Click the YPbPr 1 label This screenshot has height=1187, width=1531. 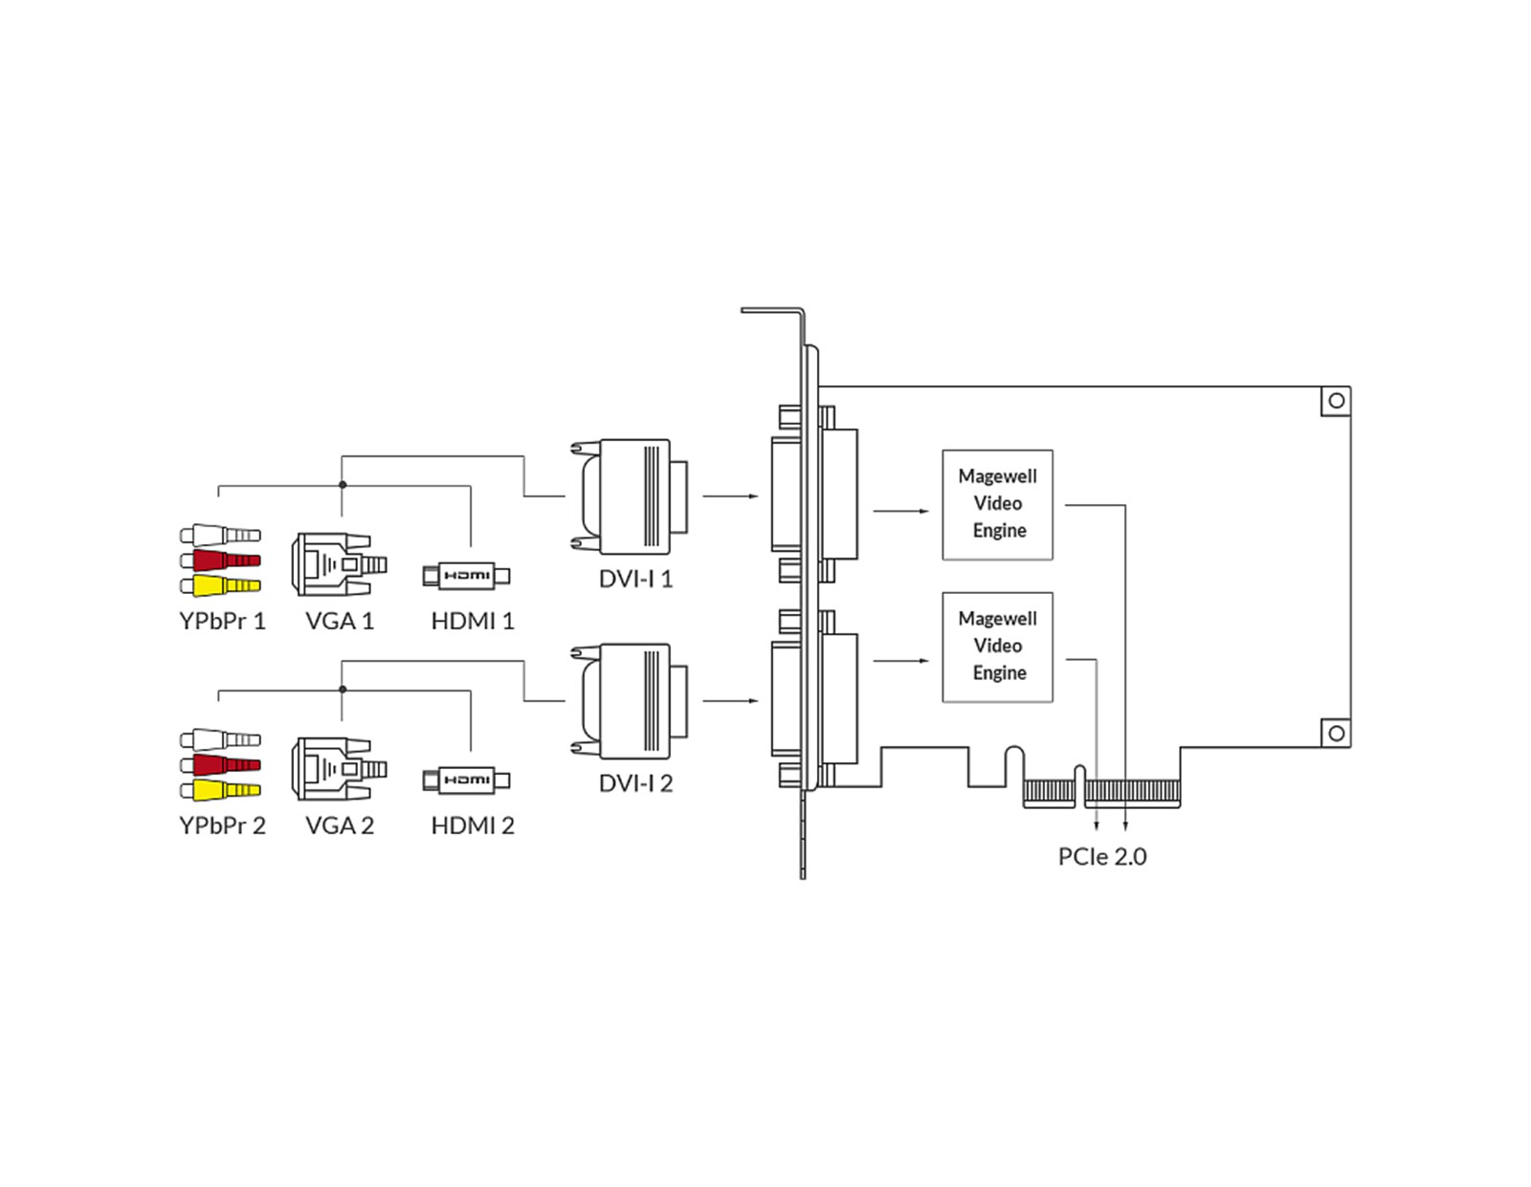[222, 621]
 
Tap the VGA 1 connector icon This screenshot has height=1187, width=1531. [338, 565]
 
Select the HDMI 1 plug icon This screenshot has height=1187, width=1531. [466, 576]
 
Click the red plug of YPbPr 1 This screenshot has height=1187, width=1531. [221, 560]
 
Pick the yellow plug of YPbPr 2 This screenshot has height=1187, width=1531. [221, 790]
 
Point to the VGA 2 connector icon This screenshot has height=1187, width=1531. [338, 769]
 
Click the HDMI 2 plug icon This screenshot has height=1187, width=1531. [466, 780]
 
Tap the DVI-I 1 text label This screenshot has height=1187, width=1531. [635, 579]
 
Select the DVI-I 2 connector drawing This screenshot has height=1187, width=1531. [631, 701]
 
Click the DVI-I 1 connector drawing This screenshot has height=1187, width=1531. [631, 496]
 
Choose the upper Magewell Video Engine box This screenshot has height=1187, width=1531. [997, 504]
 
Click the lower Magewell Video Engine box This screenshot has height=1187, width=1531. [997, 647]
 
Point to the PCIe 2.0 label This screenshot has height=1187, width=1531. [1101, 856]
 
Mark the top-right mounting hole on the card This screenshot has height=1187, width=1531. [1336, 401]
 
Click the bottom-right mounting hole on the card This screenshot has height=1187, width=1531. [1336, 734]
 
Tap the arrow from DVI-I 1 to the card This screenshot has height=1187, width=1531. [731, 496]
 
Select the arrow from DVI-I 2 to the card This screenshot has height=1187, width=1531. [731, 701]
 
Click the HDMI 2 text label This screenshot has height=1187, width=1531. [473, 825]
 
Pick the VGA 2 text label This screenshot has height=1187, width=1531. [340, 825]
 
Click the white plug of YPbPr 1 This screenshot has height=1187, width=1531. [221, 535]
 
